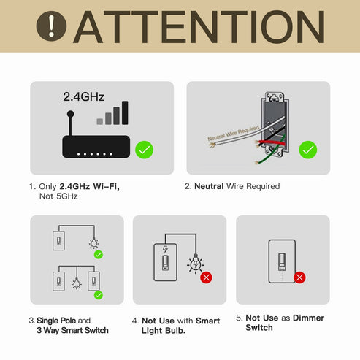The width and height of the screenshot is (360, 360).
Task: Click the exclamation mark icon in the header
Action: coord(51,26)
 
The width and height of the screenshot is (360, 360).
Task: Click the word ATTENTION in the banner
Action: coord(199,26)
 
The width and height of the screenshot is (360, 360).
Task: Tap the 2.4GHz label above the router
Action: coord(83,96)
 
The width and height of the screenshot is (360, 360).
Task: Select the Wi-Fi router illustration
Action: coord(95,145)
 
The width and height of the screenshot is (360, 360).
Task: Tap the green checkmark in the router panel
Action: coord(145,150)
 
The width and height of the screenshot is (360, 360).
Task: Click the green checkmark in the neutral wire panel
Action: coord(308,150)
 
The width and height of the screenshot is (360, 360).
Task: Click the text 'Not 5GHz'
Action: coord(58,196)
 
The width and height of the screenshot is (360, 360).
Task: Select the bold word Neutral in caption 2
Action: coord(209,186)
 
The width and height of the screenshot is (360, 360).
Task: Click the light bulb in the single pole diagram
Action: coord(93,243)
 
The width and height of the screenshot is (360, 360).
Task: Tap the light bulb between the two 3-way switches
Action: coord(76,282)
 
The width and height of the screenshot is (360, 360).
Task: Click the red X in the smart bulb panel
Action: coord(206,277)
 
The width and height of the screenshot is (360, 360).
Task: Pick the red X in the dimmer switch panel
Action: coord(299,277)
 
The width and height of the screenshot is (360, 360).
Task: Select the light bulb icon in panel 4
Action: coord(195,264)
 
